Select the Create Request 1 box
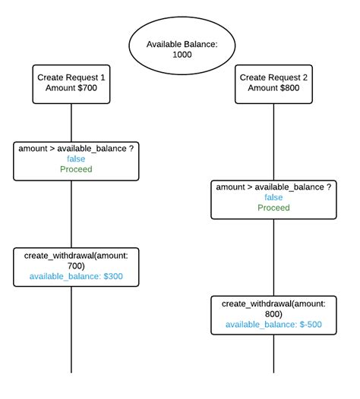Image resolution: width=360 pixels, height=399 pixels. click(x=71, y=84)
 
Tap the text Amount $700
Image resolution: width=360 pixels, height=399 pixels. click(x=71, y=90)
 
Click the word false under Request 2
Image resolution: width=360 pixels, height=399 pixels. click(x=273, y=197)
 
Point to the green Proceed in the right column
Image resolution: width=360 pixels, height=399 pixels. click(x=273, y=208)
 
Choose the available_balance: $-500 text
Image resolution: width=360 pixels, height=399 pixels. click(x=273, y=325)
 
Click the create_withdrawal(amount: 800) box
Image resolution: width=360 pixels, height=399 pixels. click(x=273, y=314)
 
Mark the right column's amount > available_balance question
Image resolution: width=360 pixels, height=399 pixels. click(x=273, y=187)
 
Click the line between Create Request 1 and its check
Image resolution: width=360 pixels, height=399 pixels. click(x=71, y=121)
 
